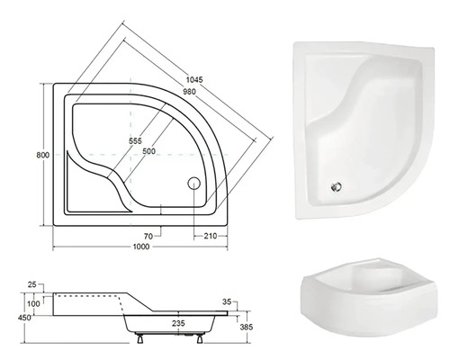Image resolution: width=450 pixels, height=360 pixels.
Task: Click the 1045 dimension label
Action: click(194, 80)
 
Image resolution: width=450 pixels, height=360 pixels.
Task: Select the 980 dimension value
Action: click(189, 91)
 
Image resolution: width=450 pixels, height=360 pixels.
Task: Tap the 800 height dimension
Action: click(42, 155)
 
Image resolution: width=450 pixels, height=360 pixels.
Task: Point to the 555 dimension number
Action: click(135, 140)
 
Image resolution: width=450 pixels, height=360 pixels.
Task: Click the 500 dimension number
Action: click(148, 151)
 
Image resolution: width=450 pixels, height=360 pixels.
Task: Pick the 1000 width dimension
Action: click(141, 247)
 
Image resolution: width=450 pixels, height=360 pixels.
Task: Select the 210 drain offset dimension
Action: click(211, 236)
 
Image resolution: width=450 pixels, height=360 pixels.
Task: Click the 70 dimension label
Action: click(148, 237)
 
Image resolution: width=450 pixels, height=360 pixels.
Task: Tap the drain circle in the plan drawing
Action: click(193, 183)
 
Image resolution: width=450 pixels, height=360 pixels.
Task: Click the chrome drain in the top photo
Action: click(337, 187)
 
